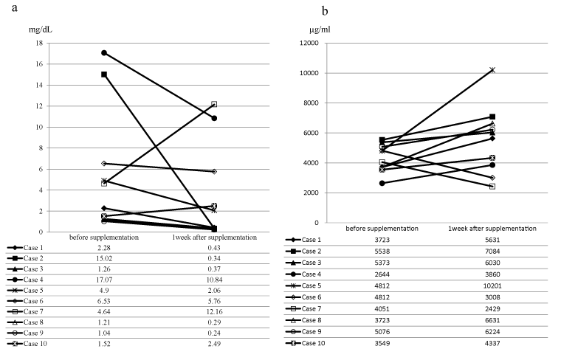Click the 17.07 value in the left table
tap(104, 280)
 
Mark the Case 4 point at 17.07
tap(104, 53)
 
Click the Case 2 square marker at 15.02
tap(104, 75)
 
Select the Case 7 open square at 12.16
tap(214, 104)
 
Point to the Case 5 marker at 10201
tap(492, 70)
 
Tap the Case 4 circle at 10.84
tap(214, 118)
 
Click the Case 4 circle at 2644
tap(382, 183)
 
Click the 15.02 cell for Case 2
tap(104, 259)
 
